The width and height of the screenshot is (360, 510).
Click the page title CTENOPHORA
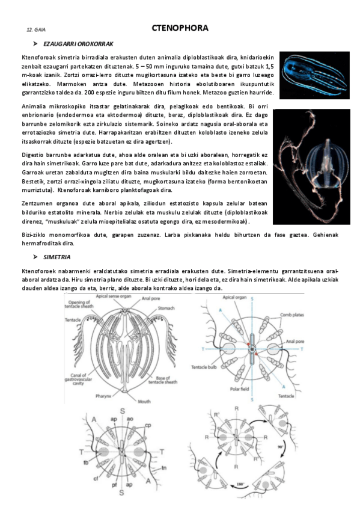pos(180,28)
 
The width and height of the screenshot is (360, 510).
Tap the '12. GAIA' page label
pos(35,29)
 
